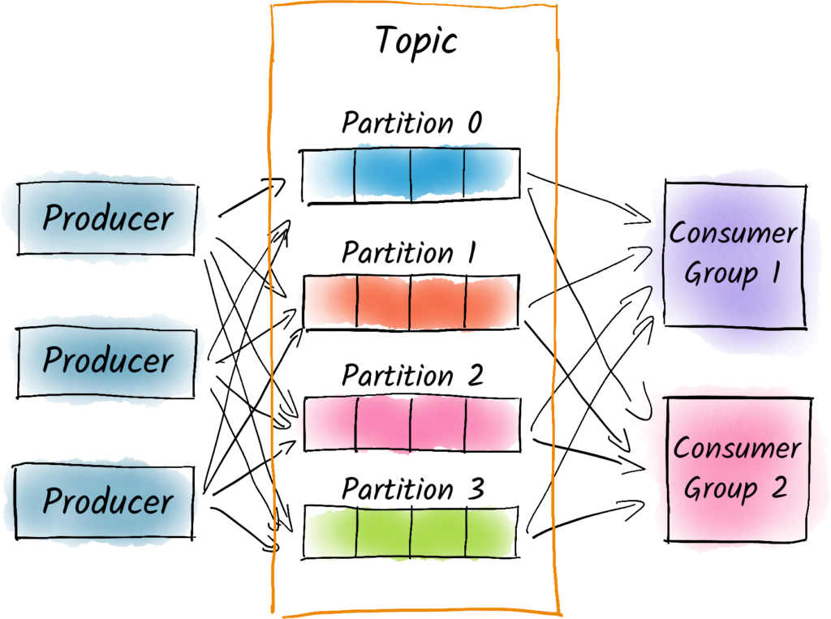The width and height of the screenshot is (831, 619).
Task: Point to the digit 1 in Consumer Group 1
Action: (773, 273)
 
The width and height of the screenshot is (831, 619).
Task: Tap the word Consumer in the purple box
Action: (733, 234)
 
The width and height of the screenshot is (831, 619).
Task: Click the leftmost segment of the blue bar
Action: (329, 172)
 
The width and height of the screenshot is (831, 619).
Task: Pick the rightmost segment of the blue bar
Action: (488, 172)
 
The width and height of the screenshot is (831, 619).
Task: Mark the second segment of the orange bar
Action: (383, 302)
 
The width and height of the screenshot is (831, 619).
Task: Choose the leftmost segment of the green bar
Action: (330, 532)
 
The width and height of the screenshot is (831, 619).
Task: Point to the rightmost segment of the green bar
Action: (489, 532)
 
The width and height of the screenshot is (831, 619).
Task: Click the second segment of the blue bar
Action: (382, 172)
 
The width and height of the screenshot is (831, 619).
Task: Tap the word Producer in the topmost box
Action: (107, 218)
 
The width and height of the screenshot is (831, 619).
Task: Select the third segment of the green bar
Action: (437, 532)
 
